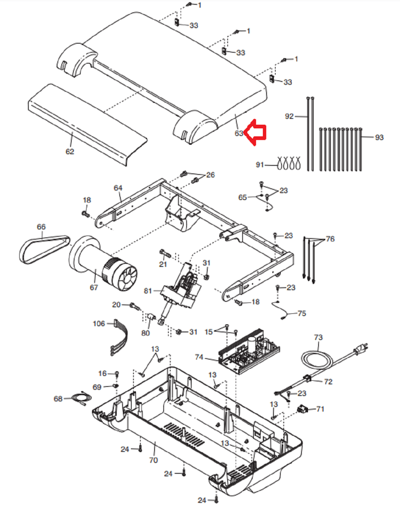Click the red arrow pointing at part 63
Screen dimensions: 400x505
255,132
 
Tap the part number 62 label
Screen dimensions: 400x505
70,152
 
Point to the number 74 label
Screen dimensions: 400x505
199,357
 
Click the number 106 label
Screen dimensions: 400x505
99,324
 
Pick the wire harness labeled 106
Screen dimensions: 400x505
120,337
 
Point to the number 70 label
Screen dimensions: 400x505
153,460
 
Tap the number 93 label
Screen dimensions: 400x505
379,137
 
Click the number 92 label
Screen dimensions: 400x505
289,116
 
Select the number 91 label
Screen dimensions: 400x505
260,165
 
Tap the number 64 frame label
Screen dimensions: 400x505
118,188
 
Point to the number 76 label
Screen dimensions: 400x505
330,239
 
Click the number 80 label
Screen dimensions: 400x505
145,333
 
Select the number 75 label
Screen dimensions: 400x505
302,313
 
